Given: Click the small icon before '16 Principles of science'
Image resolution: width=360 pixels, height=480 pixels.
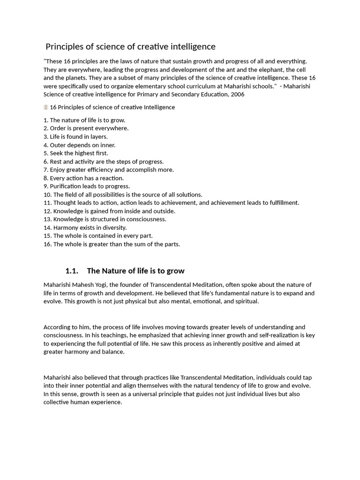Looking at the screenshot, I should point(45,107).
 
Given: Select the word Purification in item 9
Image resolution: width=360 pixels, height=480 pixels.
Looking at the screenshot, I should point(66,186).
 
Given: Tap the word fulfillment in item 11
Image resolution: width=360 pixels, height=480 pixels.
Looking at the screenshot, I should point(283,202).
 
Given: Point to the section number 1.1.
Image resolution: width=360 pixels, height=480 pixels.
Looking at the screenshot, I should point(71,271).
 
